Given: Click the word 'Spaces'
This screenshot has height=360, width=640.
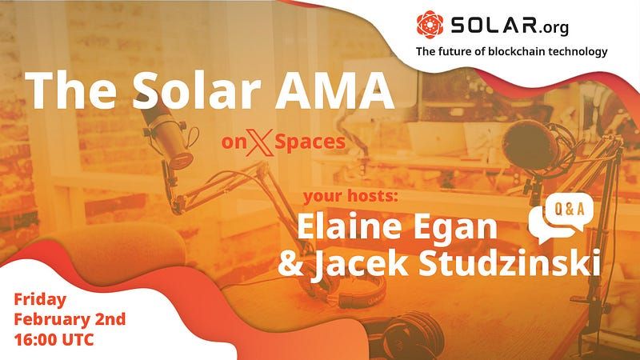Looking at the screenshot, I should click(x=310, y=143).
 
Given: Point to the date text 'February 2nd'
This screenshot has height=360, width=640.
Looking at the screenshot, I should click(x=70, y=319).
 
